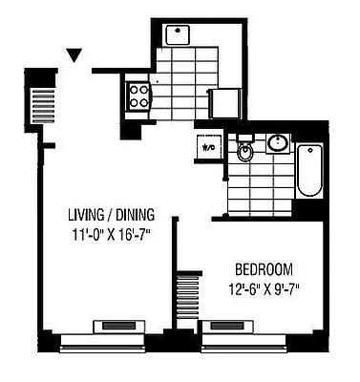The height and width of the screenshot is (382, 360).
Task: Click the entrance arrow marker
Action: click(74, 55)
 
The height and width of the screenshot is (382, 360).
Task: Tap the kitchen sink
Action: click(177, 36)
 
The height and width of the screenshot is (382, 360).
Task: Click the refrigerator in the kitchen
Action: click(225, 102)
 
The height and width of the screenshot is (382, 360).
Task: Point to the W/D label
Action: click(208, 148)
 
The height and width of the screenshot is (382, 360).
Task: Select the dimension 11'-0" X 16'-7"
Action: click(111, 232)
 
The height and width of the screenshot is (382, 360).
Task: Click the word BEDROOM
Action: click(261, 269)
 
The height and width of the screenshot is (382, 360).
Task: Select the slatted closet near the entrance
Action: click(43, 102)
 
